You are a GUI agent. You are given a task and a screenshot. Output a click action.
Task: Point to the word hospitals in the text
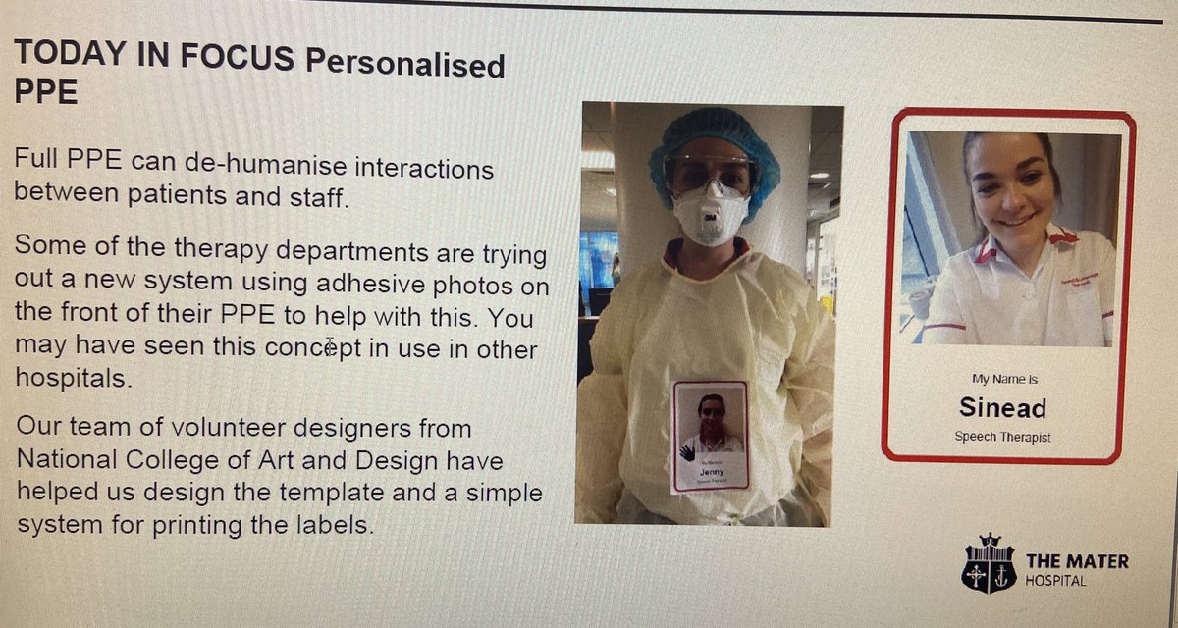pyautogui.click(x=71, y=378)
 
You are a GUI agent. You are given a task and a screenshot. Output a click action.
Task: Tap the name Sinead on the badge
pyautogui.click(x=1002, y=407)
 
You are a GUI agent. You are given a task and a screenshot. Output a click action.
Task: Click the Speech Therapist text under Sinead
pyautogui.click(x=1002, y=437)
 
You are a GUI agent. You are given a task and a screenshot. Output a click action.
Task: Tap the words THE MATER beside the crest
pyautogui.click(x=1077, y=561)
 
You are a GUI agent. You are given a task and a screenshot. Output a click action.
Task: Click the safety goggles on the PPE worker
pyautogui.click(x=712, y=174)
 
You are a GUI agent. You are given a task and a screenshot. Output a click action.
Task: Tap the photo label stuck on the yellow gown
pyautogui.click(x=710, y=436)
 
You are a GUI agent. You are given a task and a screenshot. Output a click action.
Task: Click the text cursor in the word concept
pyautogui.click(x=331, y=346)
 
